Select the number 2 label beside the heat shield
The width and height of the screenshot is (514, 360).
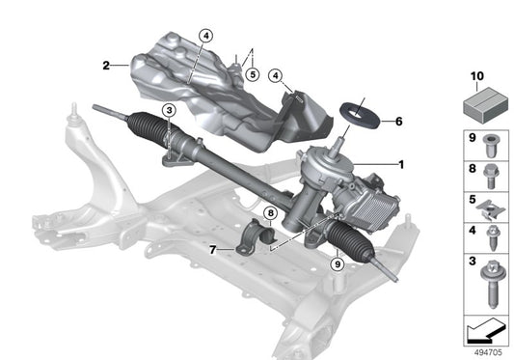[105, 66]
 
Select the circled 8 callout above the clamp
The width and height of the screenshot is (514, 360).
[271, 213]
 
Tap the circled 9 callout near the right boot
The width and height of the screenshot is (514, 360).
[336, 263]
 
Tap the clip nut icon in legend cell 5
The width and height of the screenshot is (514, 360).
[489, 208]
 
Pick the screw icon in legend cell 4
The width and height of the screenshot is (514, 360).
[489, 236]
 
